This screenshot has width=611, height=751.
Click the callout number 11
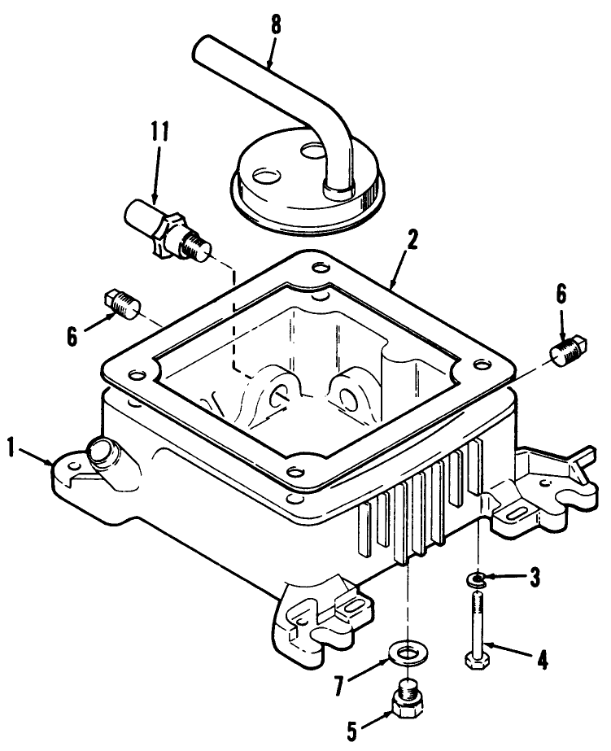coord(159,133)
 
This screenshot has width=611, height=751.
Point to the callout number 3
coord(534,579)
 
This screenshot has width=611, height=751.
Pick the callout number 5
coord(352,729)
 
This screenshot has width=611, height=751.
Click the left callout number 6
coord(73,336)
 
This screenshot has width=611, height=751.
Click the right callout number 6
coord(562,295)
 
